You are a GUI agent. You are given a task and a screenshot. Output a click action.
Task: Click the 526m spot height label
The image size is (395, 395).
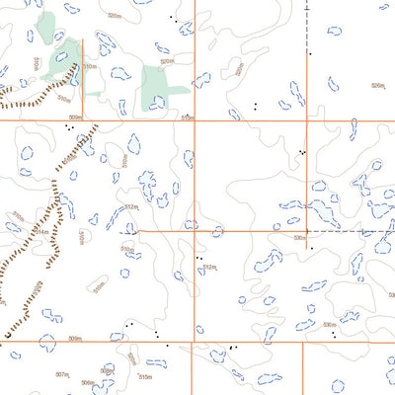376,86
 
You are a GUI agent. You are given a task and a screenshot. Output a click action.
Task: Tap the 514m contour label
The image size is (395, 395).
41,232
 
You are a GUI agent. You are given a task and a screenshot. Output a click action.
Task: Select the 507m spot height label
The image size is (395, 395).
61,375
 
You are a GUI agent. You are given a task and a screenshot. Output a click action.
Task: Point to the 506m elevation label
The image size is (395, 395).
87,383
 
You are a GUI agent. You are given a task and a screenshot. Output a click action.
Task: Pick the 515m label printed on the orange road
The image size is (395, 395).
187,118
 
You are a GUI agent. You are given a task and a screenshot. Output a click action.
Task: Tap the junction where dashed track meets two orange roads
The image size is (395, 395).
307,232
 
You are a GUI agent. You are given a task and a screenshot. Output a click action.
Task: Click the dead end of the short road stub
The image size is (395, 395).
83,39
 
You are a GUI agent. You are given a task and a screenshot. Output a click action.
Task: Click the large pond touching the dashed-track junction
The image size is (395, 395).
321,212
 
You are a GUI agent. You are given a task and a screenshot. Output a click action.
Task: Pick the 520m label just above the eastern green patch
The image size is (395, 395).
167,61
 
